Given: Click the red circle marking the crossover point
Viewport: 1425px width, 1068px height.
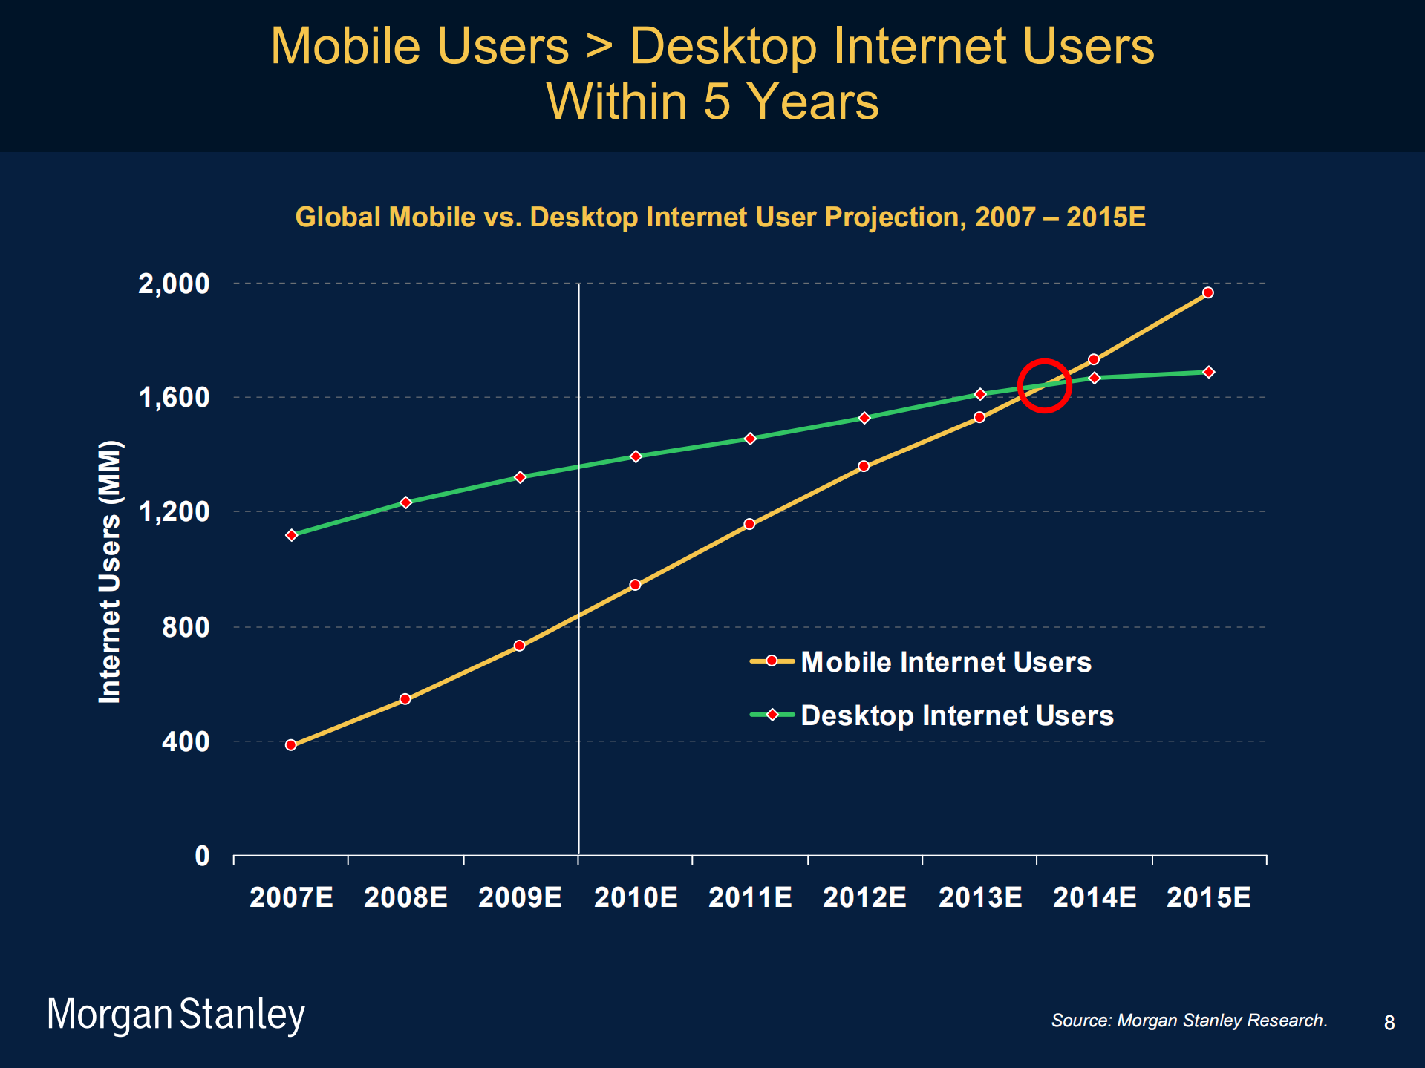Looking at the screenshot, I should click(x=1043, y=385).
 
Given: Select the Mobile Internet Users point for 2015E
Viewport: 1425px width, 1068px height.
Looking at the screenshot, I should click(x=1208, y=292).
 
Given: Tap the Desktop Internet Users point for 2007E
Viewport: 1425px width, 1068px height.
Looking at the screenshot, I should click(x=291, y=535).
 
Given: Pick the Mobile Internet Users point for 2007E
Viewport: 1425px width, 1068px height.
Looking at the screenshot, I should click(x=290, y=745).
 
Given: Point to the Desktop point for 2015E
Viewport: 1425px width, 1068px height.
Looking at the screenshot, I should click(x=1209, y=372).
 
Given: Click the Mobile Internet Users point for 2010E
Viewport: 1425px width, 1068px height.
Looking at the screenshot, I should click(x=635, y=585).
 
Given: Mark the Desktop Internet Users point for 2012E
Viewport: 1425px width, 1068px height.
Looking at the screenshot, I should click(x=864, y=418).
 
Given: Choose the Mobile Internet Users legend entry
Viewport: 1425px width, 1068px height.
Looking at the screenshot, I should click(x=921, y=662).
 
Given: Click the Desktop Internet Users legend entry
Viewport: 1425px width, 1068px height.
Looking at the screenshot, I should click(x=932, y=715).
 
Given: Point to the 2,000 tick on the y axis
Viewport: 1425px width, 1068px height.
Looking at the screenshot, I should click(x=174, y=284).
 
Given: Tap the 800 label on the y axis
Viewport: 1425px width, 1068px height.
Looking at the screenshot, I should click(x=186, y=628).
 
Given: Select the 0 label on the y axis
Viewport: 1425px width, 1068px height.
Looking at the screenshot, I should click(x=202, y=856).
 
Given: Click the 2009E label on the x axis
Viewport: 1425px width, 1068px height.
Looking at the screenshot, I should click(x=520, y=897).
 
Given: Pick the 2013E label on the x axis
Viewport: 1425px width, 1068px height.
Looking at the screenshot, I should click(x=980, y=897).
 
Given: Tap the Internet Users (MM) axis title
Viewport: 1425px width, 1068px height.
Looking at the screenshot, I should click(x=110, y=571).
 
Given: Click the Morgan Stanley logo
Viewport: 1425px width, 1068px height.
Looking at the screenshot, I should click(x=176, y=1015).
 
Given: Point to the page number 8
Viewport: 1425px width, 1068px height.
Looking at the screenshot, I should click(x=1389, y=1023).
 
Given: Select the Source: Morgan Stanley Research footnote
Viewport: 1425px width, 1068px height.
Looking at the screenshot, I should click(x=1189, y=1021).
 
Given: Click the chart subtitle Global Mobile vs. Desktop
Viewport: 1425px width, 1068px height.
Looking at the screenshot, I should click(x=720, y=217).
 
